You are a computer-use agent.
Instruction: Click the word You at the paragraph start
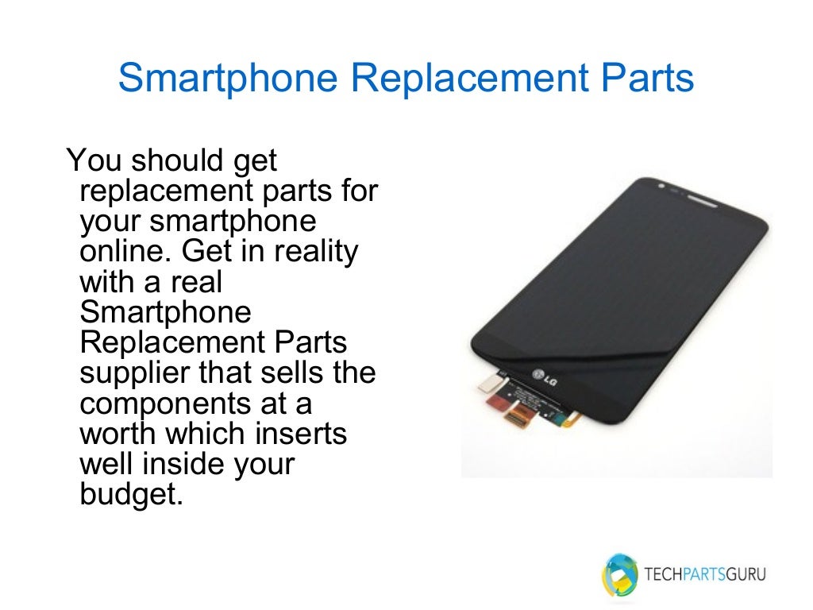tap(94, 160)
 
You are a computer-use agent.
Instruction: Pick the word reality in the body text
tap(316, 252)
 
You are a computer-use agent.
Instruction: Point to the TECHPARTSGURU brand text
tap(706, 574)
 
